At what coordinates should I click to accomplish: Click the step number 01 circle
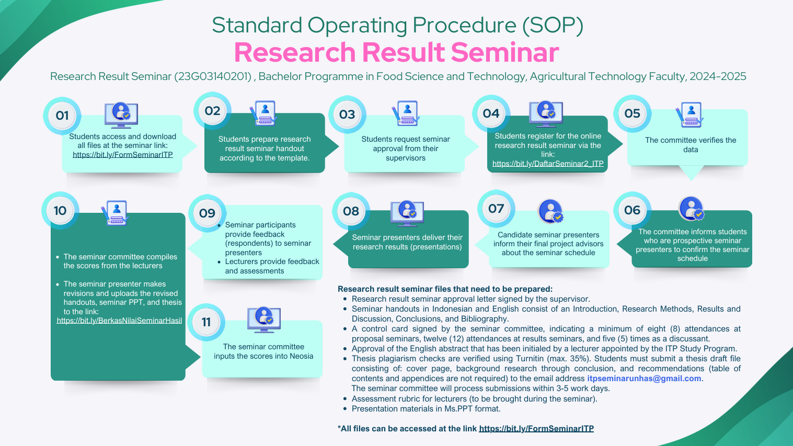[x=62, y=116]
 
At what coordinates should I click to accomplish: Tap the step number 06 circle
[x=632, y=210]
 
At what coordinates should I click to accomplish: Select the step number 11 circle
[x=206, y=322]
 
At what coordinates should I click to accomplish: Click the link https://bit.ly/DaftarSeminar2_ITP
[x=548, y=164]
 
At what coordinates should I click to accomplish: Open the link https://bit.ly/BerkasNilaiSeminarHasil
[x=119, y=321]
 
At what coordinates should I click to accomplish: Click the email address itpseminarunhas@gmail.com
[x=644, y=379]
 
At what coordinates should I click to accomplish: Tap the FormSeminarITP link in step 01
[x=123, y=155]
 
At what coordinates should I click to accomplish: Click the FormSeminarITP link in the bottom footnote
[x=536, y=429]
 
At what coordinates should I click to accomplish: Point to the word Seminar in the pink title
[x=505, y=53]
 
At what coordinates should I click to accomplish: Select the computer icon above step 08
[x=407, y=213]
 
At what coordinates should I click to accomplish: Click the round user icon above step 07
[x=550, y=212]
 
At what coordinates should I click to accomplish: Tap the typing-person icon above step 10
[x=115, y=213]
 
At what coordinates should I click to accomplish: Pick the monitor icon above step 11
[x=264, y=319]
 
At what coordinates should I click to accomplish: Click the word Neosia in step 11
[x=302, y=356]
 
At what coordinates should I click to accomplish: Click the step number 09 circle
[x=207, y=213]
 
